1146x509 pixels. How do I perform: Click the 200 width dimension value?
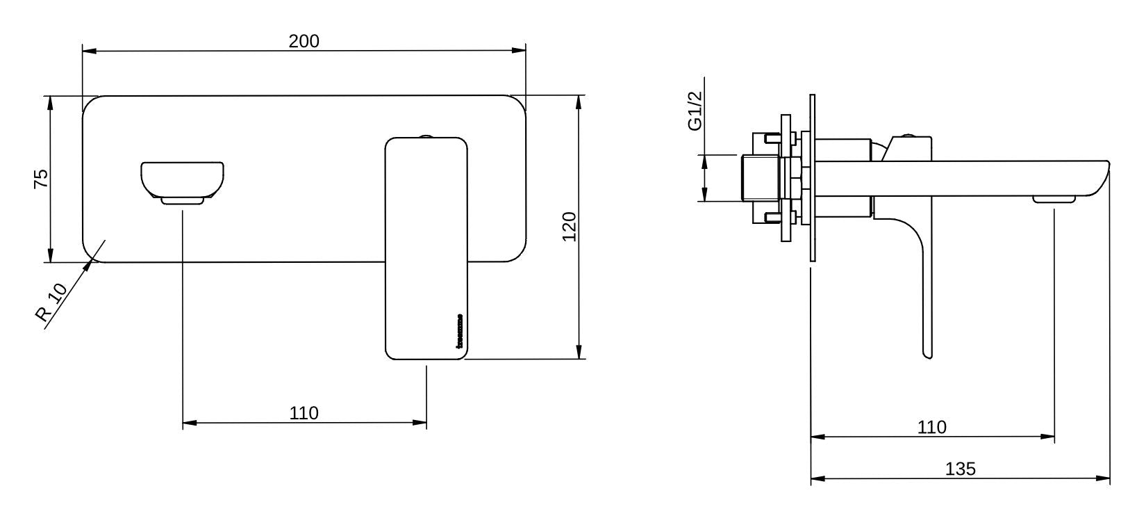point(304,41)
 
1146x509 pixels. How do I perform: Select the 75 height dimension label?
point(41,179)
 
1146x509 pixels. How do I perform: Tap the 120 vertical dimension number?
point(569,227)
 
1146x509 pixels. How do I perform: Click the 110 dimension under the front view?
point(304,413)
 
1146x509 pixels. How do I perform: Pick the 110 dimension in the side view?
point(931,427)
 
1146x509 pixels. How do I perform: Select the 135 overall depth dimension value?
point(960,469)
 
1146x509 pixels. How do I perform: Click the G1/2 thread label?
point(694,111)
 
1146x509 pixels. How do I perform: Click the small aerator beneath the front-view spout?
point(183,201)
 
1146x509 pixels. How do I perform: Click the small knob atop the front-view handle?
point(426,136)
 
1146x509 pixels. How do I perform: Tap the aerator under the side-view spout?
point(1054,200)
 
